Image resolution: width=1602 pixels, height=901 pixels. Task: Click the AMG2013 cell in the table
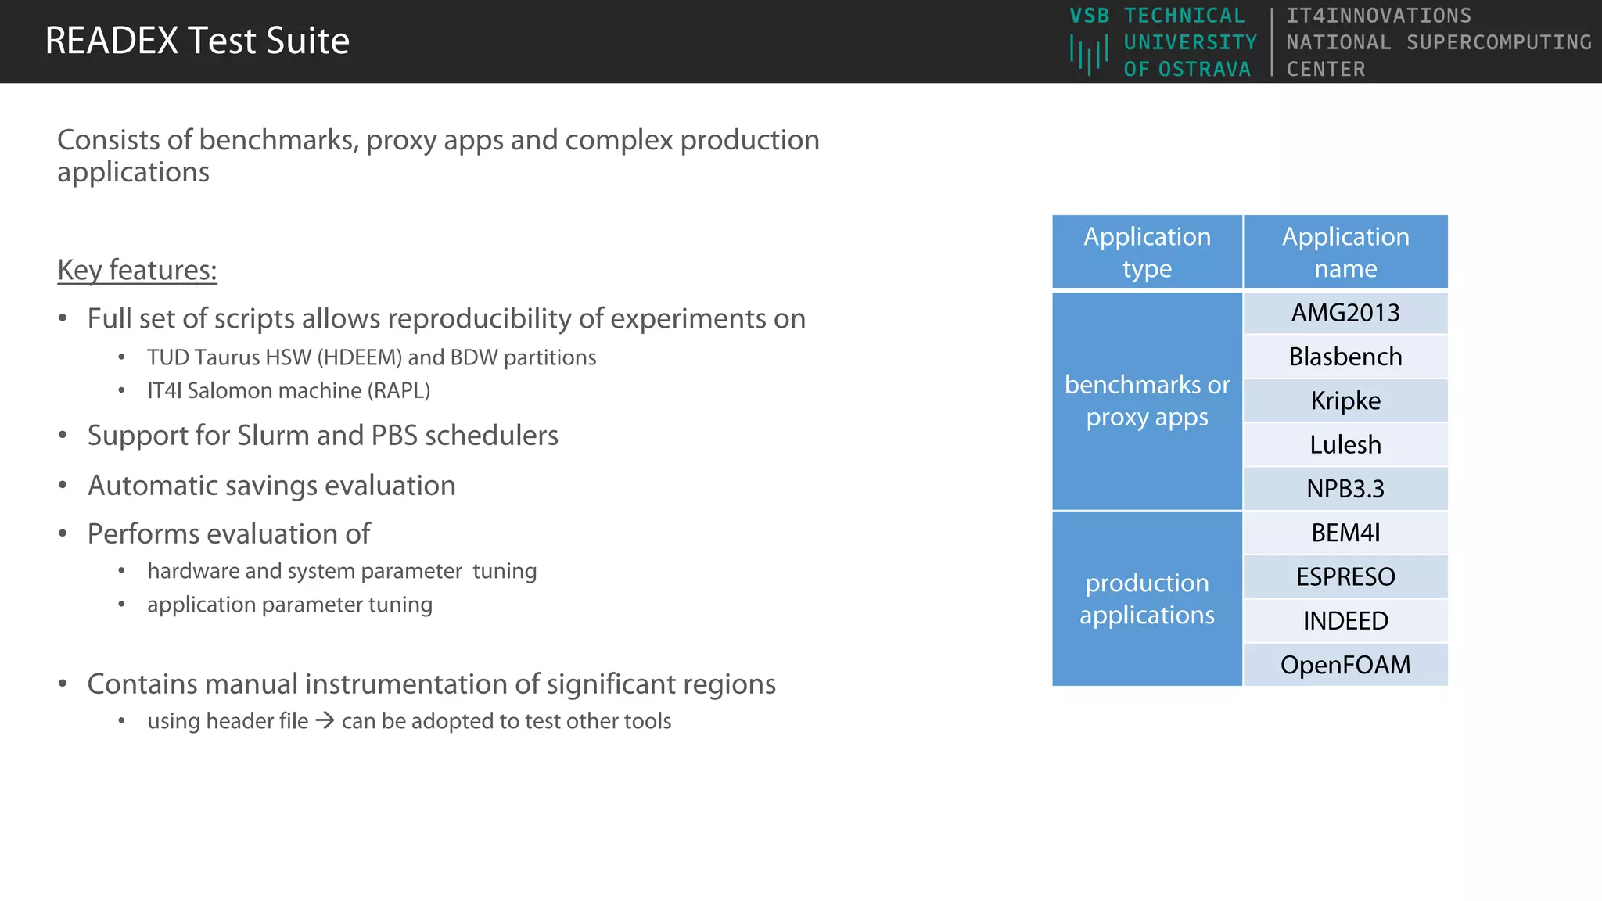tap(1345, 313)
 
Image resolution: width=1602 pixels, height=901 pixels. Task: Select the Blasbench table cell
tap(1345, 357)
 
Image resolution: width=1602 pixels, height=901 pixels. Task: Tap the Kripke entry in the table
tap(1345, 400)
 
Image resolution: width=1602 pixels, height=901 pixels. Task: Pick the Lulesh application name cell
tap(1345, 444)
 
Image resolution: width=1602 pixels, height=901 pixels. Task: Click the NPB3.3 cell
tap(1345, 489)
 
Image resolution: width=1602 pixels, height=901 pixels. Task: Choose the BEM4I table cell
tap(1345, 533)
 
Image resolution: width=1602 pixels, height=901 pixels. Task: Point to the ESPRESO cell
tap(1345, 576)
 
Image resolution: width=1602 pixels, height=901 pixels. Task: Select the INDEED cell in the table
tap(1345, 620)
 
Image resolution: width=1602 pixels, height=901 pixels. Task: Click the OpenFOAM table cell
tap(1345, 665)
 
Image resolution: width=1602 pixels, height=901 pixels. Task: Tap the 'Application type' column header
tap(1147, 252)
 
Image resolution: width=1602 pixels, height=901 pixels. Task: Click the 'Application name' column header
tap(1345, 252)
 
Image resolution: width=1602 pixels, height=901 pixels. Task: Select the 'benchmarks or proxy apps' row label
tap(1147, 401)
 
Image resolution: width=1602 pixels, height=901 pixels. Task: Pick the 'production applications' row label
tap(1147, 598)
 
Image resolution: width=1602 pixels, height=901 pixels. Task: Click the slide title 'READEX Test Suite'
tap(197, 41)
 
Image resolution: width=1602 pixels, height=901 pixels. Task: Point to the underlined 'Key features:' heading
tap(137, 270)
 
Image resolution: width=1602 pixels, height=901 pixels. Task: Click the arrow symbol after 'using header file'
tap(325, 720)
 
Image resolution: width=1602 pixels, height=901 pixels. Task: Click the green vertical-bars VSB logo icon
tap(1089, 55)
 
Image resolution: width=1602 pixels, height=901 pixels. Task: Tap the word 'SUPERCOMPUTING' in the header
tap(1499, 42)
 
